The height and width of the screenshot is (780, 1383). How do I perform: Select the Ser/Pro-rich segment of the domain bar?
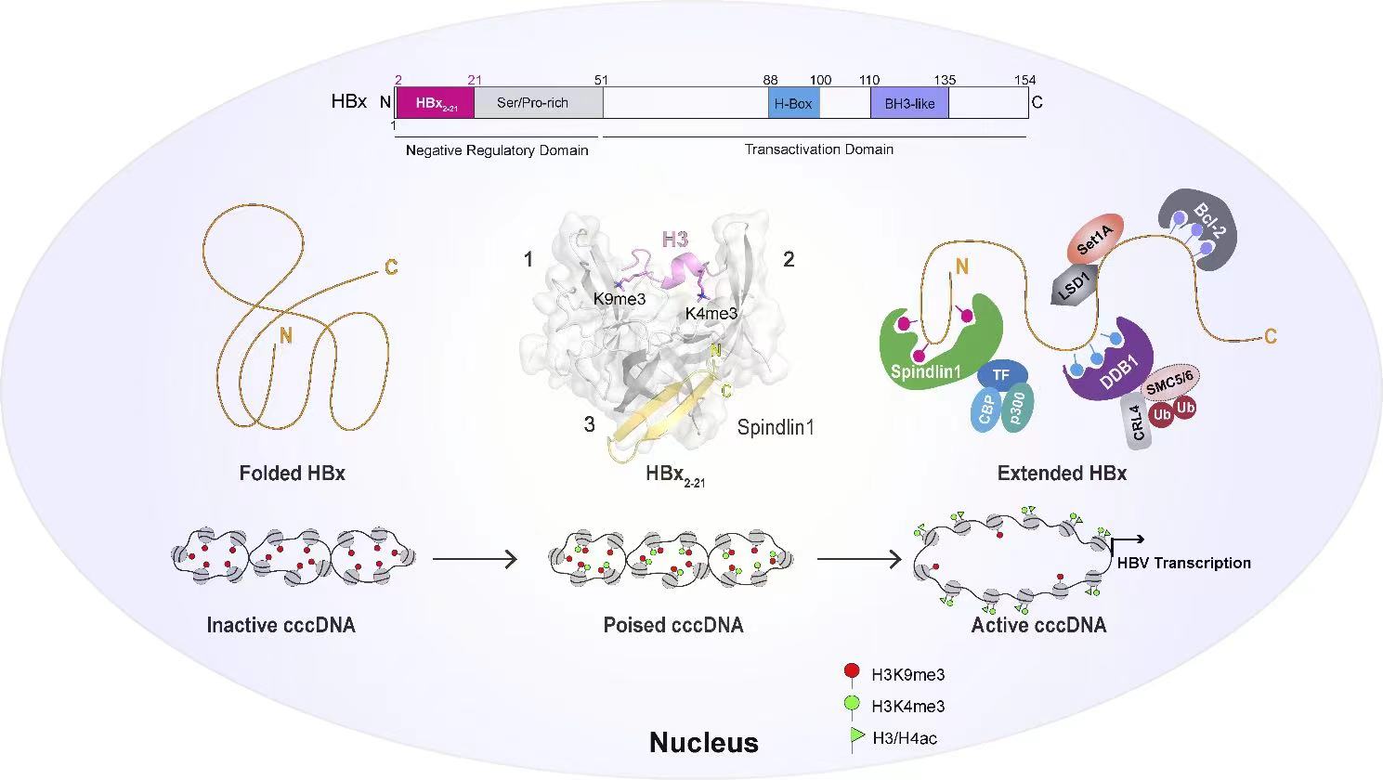[x=537, y=103]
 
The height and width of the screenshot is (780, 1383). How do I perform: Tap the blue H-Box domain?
[x=793, y=103]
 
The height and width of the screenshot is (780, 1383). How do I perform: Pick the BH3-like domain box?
[x=909, y=103]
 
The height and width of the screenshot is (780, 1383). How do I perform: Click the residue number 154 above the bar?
[x=1024, y=81]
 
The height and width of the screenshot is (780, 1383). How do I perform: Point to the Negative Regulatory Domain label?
[x=497, y=150]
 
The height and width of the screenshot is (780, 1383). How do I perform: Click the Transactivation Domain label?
[x=819, y=149]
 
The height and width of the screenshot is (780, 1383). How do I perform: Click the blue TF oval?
[x=1000, y=375]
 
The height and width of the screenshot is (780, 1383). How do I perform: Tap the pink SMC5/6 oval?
[x=1169, y=381]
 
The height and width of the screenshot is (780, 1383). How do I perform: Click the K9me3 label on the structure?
[x=620, y=299]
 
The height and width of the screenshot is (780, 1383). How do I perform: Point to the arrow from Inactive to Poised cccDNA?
[x=475, y=559]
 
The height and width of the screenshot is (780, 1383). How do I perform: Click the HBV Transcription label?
[x=1183, y=563]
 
